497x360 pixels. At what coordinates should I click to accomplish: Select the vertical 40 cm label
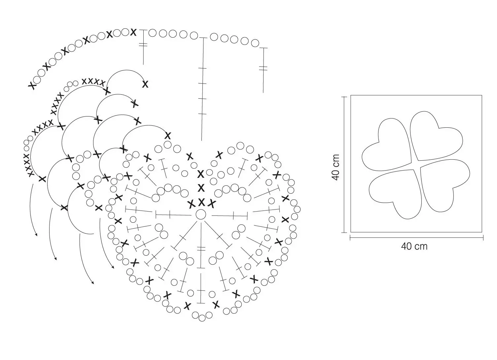pyautogui.click(x=336, y=167)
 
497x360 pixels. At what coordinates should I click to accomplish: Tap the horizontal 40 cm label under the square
pyautogui.click(x=414, y=246)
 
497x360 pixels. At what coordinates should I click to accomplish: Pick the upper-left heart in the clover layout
pyautogui.click(x=386, y=146)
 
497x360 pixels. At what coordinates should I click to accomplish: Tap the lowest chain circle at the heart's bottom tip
pyautogui.click(x=202, y=318)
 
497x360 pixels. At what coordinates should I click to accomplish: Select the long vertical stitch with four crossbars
pyautogui.click(x=202, y=89)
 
